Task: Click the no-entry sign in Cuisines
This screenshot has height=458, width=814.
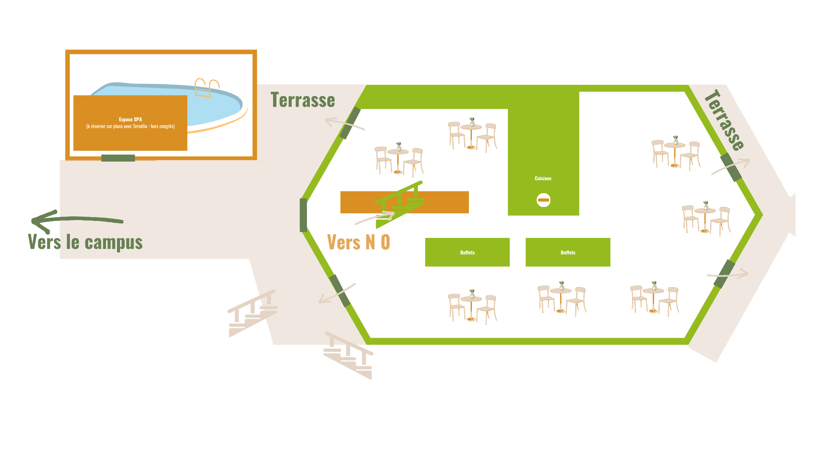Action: pyautogui.click(x=544, y=200)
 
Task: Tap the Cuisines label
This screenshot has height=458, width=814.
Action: pyautogui.click(x=543, y=179)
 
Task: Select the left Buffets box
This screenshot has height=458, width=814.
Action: pyautogui.click(x=467, y=252)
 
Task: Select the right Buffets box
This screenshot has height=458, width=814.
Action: pyautogui.click(x=568, y=252)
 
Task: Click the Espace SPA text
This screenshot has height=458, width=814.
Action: pyautogui.click(x=130, y=120)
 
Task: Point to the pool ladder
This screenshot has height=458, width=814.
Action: pyautogui.click(x=207, y=87)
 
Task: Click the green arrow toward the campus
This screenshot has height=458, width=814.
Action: pyautogui.click(x=76, y=220)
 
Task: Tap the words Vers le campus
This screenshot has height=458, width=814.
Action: pyautogui.click(x=85, y=242)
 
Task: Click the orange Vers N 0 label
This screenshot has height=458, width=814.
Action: pyautogui.click(x=359, y=242)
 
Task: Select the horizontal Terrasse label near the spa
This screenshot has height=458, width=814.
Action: pyautogui.click(x=303, y=100)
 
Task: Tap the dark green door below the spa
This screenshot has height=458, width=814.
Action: pyautogui.click(x=118, y=158)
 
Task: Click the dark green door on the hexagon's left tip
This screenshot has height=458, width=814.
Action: pyautogui.click(x=303, y=215)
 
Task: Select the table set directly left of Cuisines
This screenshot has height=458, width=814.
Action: pyautogui.click(x=472, y=135)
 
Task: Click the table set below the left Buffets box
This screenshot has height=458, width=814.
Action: pyautogui.click(x=472, y=307)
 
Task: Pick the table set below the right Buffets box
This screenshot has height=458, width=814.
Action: pyautogui.click(x=562, y=299)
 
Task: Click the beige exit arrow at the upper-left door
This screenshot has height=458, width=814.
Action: pyautogui.click(x=344, y=123)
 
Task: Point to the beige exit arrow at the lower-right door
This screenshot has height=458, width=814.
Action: pyautogui.click(x=728, y=274)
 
